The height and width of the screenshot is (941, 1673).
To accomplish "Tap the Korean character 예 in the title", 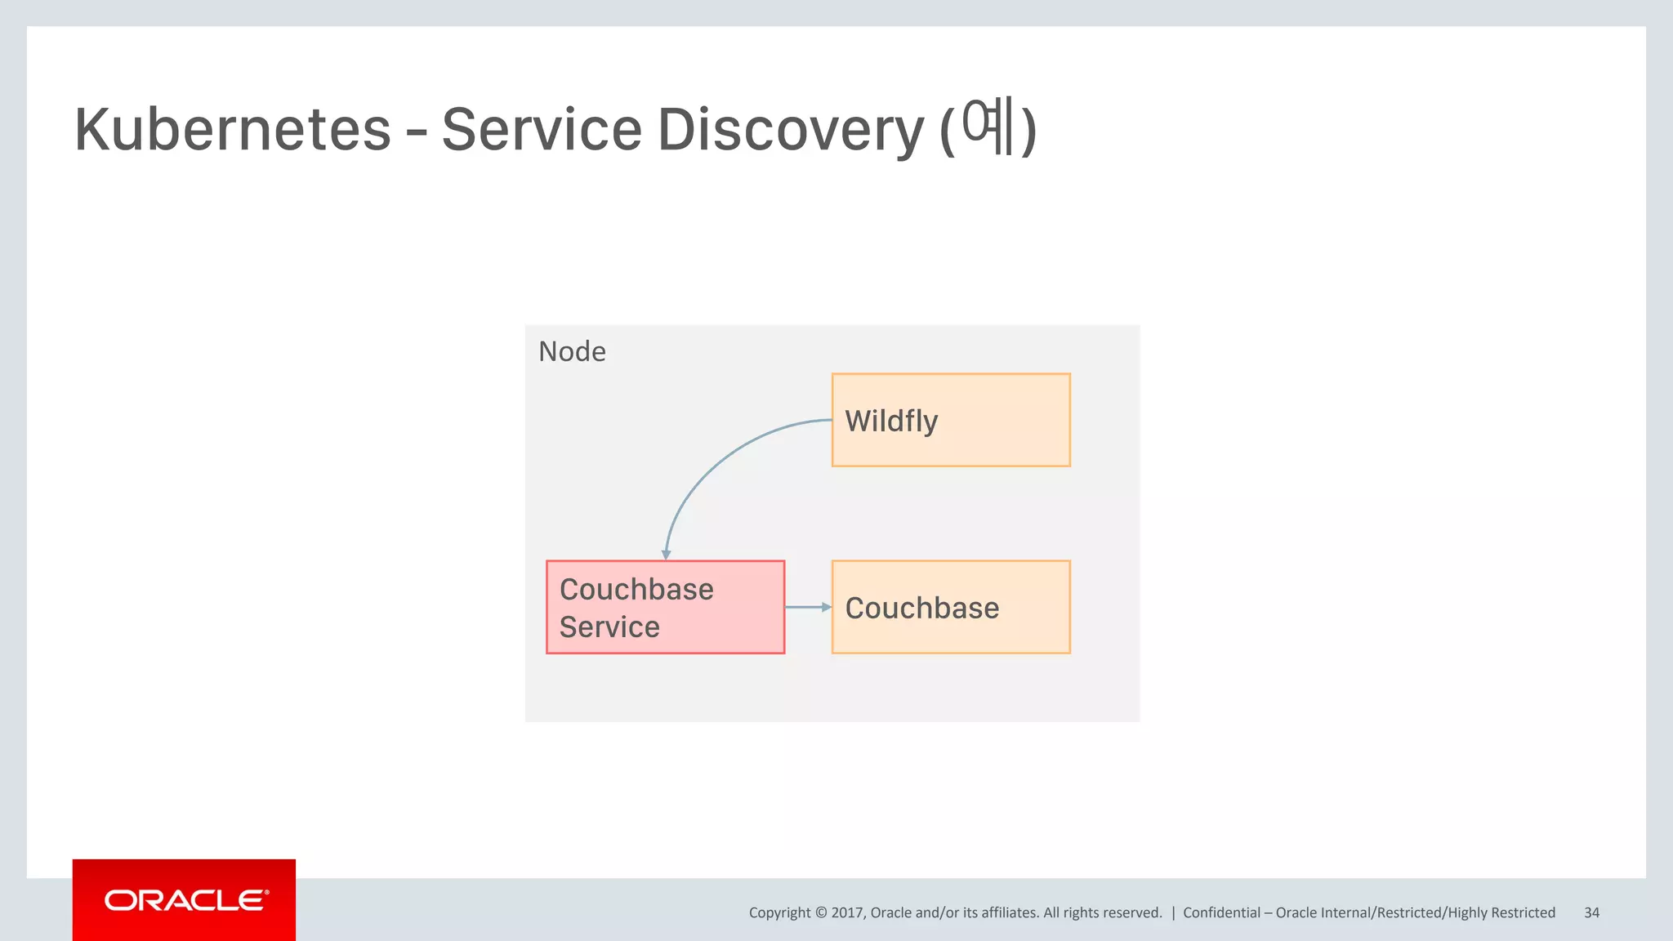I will point(988,126).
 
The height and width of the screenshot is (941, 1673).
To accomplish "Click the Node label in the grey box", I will point(572,351).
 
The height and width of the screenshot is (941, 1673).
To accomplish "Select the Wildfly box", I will point(951,420).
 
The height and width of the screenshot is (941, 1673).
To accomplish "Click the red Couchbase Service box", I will point(665,607).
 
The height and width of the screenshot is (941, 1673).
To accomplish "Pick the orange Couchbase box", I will point(951,607).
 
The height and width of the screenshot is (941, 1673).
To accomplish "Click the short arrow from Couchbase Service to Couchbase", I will point(806,607).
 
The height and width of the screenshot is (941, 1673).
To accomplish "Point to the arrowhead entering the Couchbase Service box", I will point(666,555).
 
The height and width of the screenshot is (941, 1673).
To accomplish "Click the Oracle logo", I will point(185,900).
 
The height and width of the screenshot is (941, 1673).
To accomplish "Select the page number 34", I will point(1591,912).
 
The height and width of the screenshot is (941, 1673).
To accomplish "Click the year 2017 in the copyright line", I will point(847,912).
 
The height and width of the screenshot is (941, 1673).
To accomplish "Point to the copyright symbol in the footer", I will point(821,912).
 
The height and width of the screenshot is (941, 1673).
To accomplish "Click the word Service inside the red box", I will point(609,627).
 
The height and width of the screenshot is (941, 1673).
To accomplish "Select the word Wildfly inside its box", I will point(891,421).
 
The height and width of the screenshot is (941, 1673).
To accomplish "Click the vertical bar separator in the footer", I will point(1173,912).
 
